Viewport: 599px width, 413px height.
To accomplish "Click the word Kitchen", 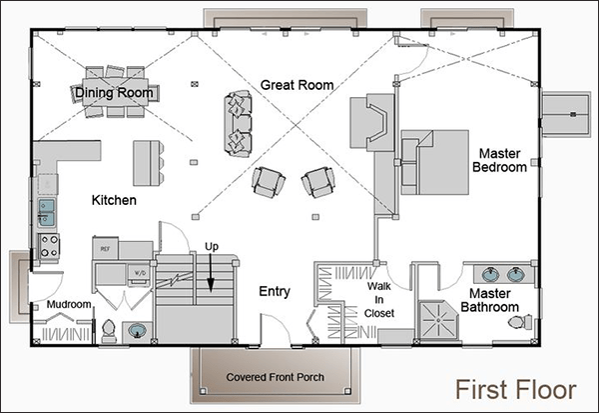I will click(x=114, y=201).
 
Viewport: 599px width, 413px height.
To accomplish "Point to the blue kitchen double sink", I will click(x=47, y=211).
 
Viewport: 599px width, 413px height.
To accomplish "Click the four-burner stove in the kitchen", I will click(x=48, y=245).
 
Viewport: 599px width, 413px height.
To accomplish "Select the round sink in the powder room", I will click(x=137, y=330).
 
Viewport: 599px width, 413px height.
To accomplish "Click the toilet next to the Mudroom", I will click(x=107, y=329).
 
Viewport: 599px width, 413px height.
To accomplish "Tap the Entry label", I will click(x=274, y=292).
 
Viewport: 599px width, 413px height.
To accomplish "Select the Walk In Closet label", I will click(x=380, y=299).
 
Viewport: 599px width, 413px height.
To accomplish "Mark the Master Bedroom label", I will click(x=500, y=161).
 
